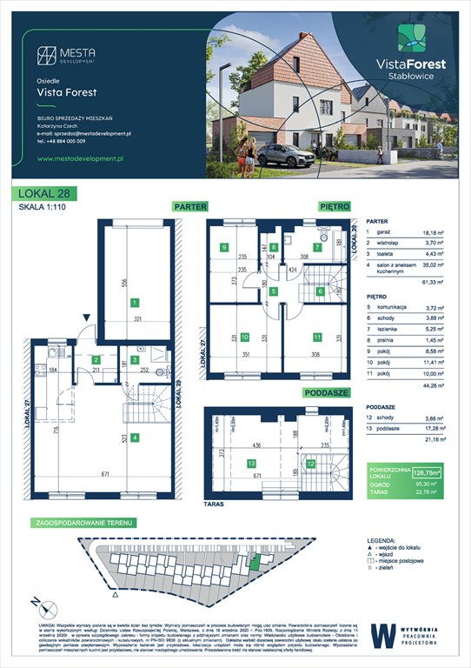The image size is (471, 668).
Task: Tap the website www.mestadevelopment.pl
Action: (x=83, y=158)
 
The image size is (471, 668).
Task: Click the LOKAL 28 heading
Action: (x=43, y=194)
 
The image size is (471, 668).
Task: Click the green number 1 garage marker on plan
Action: (x=135, y=303)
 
